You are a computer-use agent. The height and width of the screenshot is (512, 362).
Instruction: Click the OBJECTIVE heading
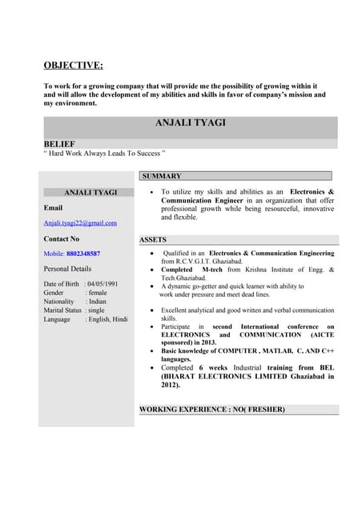73,66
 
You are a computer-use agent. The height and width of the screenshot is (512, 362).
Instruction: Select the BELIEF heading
59,143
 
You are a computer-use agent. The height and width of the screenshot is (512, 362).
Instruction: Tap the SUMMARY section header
162,176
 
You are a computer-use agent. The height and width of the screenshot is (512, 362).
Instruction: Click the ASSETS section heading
153,239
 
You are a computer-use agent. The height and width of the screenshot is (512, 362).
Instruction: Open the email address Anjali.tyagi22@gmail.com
80,223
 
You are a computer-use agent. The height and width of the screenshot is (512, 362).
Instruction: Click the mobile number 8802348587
83,254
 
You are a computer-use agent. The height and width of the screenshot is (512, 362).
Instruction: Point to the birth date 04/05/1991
103,284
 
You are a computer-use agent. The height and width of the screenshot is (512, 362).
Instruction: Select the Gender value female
97,293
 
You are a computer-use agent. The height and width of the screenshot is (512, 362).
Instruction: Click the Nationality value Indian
97,302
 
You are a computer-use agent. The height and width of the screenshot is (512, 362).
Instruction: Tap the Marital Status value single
96,310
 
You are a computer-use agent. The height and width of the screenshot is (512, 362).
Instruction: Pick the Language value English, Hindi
107,319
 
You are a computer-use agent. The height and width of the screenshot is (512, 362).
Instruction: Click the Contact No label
62,238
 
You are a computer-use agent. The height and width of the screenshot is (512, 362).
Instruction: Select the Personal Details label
67,269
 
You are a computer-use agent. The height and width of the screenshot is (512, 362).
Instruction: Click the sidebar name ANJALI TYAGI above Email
90,192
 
